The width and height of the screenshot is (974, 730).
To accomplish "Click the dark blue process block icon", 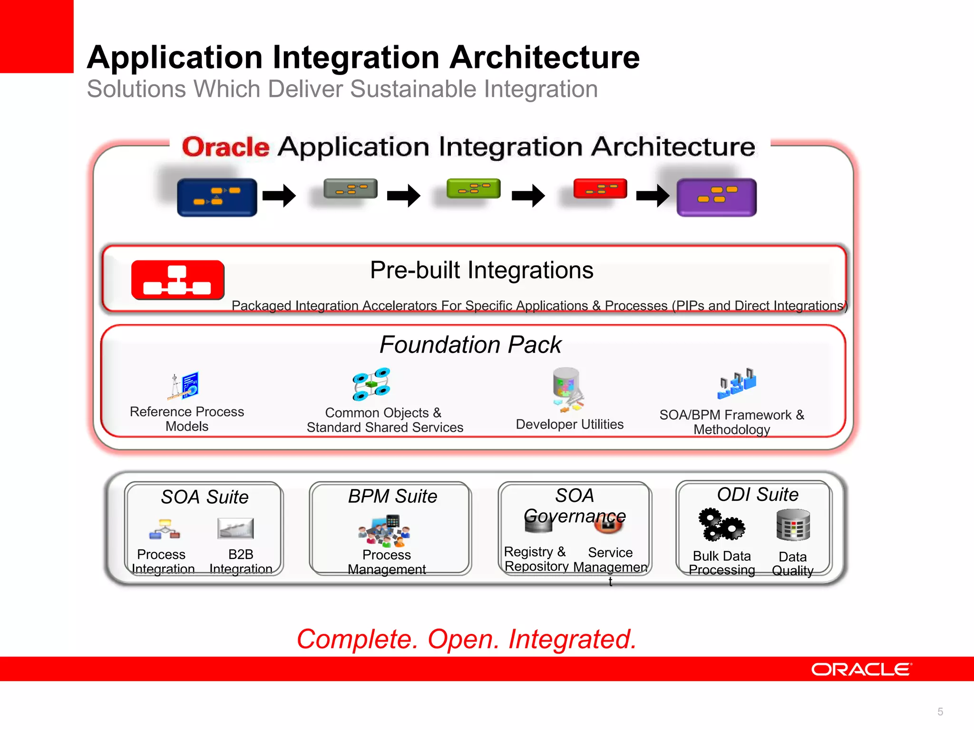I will tap(217, 197).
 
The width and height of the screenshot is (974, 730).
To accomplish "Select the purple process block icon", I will tap(716, 197).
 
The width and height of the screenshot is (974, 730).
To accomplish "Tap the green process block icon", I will tap(473, 189).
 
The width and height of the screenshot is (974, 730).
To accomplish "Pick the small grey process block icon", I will tap(351, 189).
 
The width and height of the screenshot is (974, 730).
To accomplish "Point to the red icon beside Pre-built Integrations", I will tap(177, 280).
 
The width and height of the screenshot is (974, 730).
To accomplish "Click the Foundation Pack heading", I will tap(470, 345).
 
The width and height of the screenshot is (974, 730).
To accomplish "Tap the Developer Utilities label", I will tap(569, 424).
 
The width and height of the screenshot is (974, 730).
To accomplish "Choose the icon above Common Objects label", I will tap(371, 384).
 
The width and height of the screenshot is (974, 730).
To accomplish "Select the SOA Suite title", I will tap(205, 497).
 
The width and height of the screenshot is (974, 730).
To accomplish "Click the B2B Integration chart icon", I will tap(235, 528).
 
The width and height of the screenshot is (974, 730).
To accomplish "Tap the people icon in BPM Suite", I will tap(385, 530).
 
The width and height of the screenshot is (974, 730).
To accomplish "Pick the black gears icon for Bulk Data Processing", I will tap(721, 526).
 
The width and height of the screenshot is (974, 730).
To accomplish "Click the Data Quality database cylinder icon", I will tap(793, 525).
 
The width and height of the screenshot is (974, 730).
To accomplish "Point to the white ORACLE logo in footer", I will tap(861, 669).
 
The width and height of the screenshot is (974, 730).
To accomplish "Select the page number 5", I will tap(940, 711).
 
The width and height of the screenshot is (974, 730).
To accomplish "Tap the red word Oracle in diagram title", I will tap(225, 147).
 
